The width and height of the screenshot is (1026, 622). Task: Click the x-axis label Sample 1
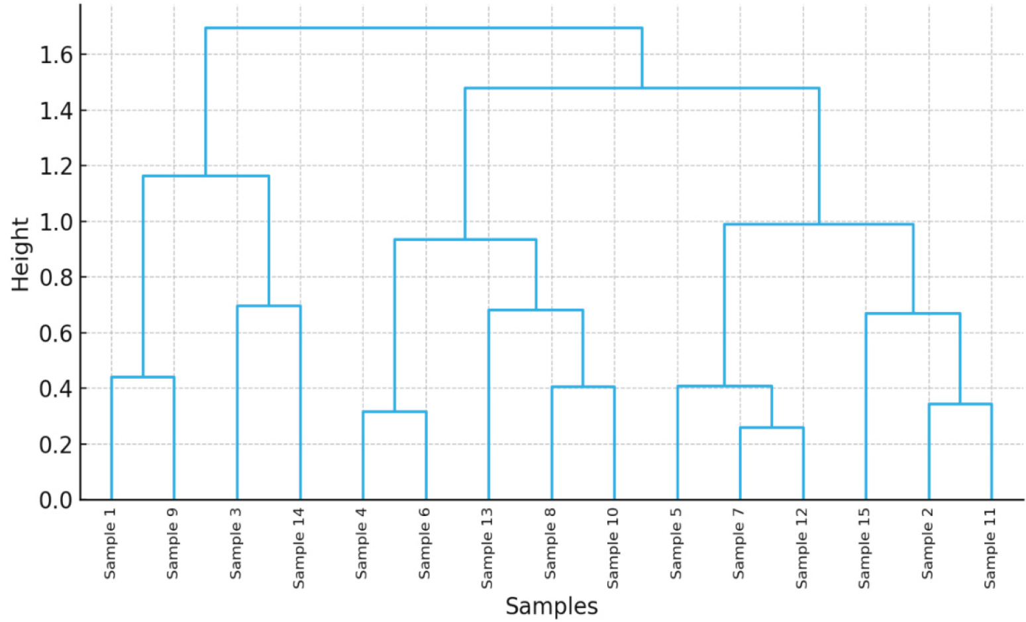coord(110,543)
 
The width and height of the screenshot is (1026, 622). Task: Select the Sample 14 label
coord(299,548)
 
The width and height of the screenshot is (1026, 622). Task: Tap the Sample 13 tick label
coord(487,548)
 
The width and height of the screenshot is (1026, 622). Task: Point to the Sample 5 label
coord(676,543)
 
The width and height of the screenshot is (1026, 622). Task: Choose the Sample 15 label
coord(864,548)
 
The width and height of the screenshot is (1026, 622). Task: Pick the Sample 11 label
coord(990,548)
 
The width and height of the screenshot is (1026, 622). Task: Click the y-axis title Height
coord(21,254)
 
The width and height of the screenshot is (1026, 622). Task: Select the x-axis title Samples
coord(551,606)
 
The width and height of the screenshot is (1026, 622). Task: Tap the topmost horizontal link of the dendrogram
coord(424,28)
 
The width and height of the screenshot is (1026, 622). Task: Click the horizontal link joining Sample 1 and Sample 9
coord(142,377)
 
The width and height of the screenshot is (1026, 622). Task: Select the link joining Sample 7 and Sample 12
coord(772,428)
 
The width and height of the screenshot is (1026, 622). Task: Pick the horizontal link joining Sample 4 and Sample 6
coord(394,411)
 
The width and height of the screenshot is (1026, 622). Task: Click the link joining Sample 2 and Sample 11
coord(960,404)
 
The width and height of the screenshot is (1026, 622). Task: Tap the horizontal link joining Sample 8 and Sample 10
coord(583,387)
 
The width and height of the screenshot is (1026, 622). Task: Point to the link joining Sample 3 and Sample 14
coord(269,306)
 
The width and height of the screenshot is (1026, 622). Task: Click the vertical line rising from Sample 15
coord(866,411)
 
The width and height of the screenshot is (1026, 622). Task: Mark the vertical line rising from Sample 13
coord(488,411)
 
